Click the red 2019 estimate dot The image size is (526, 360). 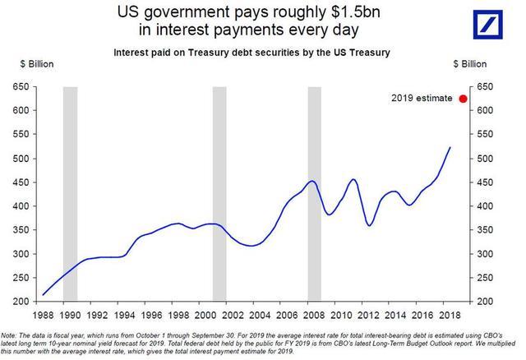pyautogui.click(x=464, y=99)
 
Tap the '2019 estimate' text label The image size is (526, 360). pyautogui.click(x=422, y=99)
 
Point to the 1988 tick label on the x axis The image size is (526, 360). pyautogui.click(x=44, y=314)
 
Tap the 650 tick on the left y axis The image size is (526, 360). pyautogui.click(x=21, y=85)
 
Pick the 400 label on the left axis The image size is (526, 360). pyautogui.click(x=21, y=206)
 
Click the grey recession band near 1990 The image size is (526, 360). pyautogui.click(x=70, y=193)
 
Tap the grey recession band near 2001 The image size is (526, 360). pyautogui.click(x=219, y=193)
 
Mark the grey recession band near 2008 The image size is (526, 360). pyautogui.click(x=314, y=193)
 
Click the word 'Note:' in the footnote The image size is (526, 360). pyautogui.click(x=10, y=332)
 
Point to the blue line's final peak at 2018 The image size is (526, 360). pyautogui.click(x=450, y=148)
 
